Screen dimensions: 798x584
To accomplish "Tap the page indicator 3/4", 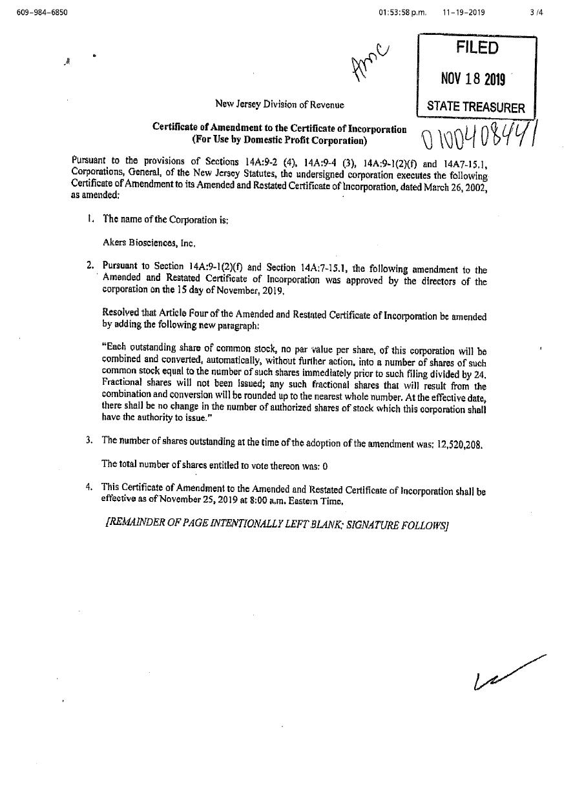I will [x=535, y=12].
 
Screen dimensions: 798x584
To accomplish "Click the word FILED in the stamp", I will [x=477, y=48].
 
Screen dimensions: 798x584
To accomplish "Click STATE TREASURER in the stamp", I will [x=477, y=107].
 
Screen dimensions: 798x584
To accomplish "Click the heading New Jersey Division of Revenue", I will [x=279, y=104].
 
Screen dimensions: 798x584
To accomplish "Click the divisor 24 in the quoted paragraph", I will [x=479, y=374].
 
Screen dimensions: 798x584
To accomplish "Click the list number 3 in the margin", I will [x=89, y=440].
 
